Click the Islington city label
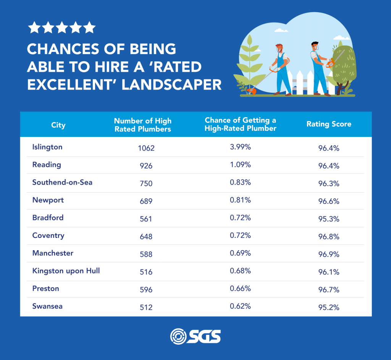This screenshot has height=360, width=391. (47, 147)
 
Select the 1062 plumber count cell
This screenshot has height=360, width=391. (146, 148)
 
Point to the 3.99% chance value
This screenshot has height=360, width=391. (240, 147)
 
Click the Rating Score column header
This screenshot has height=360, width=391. (329, 124)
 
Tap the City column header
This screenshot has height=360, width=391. (58, 125)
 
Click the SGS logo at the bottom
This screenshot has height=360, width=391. (195, 336)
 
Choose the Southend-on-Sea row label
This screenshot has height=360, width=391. (62, 182)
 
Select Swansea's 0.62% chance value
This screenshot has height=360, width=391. (240, 306)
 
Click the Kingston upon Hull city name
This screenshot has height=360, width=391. (66, 271)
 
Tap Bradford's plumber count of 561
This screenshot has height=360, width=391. (146, 219)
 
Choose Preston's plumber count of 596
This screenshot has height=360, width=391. (146, 290)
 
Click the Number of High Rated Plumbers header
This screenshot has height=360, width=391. (143, 125)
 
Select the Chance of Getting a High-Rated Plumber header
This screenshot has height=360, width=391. (240, 124)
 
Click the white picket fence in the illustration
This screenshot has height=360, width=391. (302, 82)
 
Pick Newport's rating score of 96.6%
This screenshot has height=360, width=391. (329, 201)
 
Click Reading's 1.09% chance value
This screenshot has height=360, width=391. (240, 164)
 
